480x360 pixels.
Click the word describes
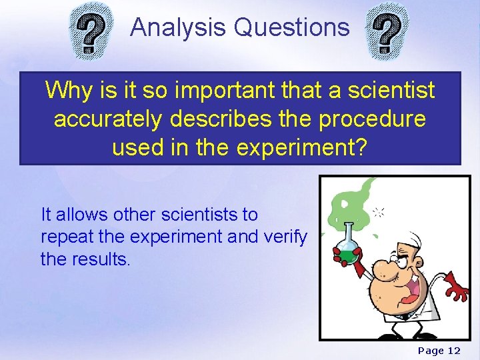point(232,119)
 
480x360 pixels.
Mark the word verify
point(288,237)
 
